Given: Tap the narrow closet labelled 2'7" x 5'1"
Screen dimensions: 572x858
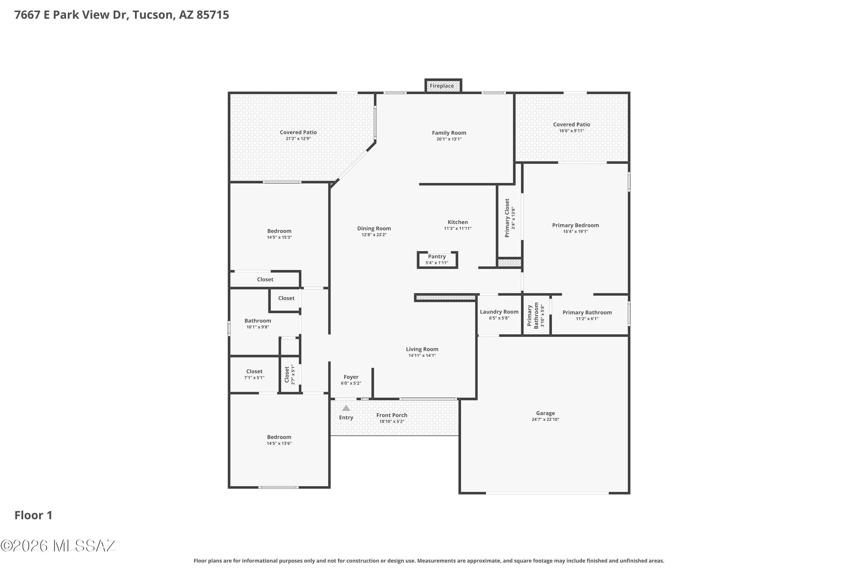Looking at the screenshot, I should click(x=290, y=375).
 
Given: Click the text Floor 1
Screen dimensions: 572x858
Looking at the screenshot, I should click(x=33, y=515).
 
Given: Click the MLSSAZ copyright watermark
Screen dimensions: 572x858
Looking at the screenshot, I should click(x=58, y=546).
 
